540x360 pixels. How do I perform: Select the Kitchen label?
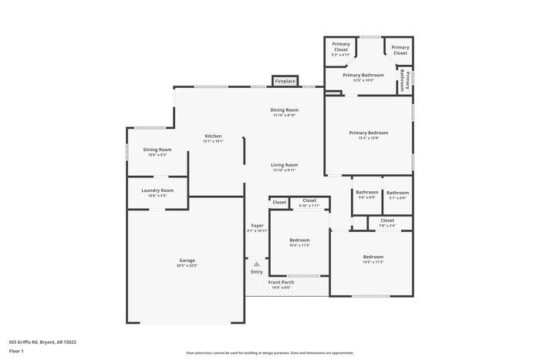pyautogui.click(x=213, y=136)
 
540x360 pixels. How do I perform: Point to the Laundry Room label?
pyautogui.click(x=157, y=190)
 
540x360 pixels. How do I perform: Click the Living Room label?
pyautogui.click(x=284, y=165)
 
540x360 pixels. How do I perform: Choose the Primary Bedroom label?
pyautogui.click(x=368, y=133)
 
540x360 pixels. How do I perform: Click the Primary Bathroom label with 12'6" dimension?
pyautogui.click(x=363, y=76)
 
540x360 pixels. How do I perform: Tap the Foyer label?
pyautogui.click(x=257, y=226)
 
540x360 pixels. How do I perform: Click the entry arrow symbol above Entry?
pyautogui.click(x=256, y=264)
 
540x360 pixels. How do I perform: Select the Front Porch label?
pyautogui.click(x=281, y=282)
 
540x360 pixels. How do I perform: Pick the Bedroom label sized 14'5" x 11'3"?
pyautogui.click(x=373, y=257)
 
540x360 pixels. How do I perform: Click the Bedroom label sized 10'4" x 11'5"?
pyautogui.click(x=299, y=240)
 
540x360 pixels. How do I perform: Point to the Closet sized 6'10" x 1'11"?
pyautogui.click(x=309, y=201)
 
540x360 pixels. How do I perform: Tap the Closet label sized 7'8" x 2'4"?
pyautogui.click(x=386, y=221)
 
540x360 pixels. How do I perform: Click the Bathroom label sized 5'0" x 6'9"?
pyautogui.click(x=366, y=193)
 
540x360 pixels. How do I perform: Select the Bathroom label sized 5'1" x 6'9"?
pyautogui.click(x=397, y=193)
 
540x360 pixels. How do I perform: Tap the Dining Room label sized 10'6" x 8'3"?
pyautogui.click(x=157, y=150)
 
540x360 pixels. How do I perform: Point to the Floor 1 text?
pyautogui.click(x=16, y=351)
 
